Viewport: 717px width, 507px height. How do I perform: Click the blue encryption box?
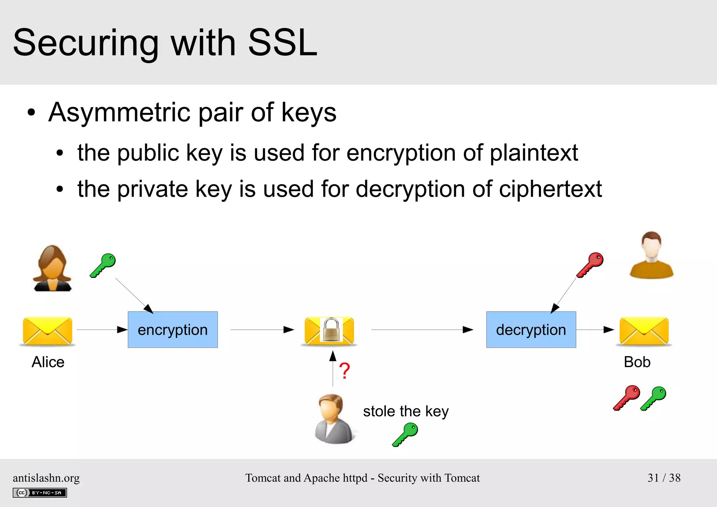[x=173, y=329]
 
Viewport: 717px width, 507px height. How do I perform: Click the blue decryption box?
[x=531, y=329]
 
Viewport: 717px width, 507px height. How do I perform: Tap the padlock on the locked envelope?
[x=331, y=329]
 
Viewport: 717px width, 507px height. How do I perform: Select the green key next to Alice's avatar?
[x=103, y=265]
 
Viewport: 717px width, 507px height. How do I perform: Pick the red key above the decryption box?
[x=590, y=265]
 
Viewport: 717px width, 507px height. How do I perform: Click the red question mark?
[x=344, y=371]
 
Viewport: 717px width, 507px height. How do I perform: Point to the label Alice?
[x=48, y=362]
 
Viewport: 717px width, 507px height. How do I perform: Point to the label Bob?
[x=637, y=362]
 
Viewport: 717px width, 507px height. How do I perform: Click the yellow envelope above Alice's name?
[x=47, y=331]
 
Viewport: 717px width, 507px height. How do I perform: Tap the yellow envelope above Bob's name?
[x=644, y=331]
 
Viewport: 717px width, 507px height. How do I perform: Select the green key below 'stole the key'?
[x=405, y=434]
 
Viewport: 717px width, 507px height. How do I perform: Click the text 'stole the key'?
[x=405, y=411]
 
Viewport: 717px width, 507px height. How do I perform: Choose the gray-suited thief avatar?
[x=333, y=419]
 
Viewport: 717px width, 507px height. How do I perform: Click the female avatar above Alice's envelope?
[x=52, y=268]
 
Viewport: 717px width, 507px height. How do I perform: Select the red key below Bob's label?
[x=627, y=398]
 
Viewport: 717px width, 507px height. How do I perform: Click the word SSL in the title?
[x=282, y=43]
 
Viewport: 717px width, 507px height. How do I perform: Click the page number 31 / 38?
[x=664, y=478]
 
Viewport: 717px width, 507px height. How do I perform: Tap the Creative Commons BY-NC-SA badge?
[x=40, y=493]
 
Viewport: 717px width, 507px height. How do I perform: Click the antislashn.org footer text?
[x=46, y=478]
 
